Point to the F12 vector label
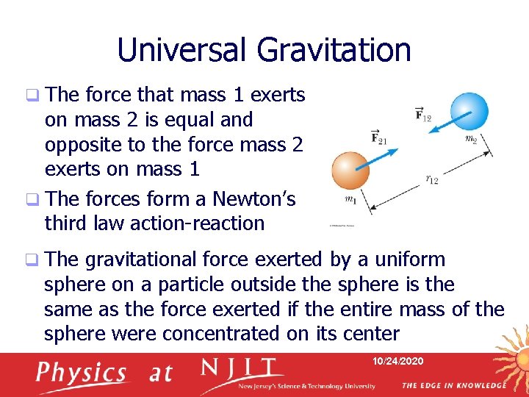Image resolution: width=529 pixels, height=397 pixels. click(424, 113)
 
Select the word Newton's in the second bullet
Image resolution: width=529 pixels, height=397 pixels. click(253, 199)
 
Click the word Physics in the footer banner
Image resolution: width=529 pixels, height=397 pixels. click(80, 373)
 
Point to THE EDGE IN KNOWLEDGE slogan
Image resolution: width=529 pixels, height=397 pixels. click(453, 385)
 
